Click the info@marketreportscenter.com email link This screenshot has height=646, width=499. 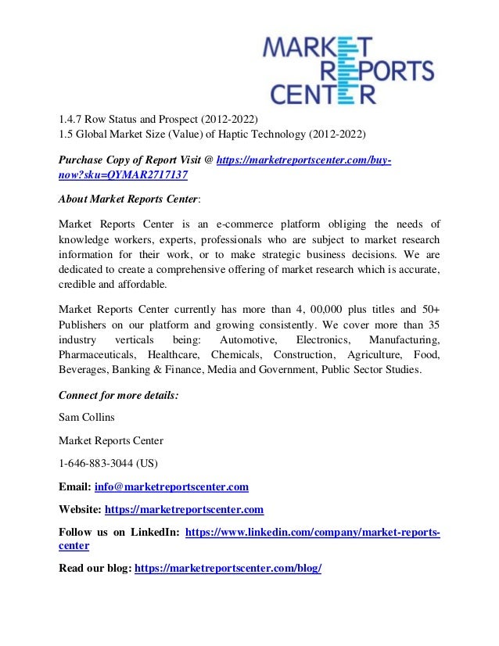171,487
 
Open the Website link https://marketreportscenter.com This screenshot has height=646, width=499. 184,510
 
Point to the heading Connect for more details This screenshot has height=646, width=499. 119,396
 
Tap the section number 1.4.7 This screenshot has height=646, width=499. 73,119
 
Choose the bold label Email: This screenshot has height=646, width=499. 75,487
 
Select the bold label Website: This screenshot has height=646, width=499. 81,510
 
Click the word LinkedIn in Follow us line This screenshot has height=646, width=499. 149,533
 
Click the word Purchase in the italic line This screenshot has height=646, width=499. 84,160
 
